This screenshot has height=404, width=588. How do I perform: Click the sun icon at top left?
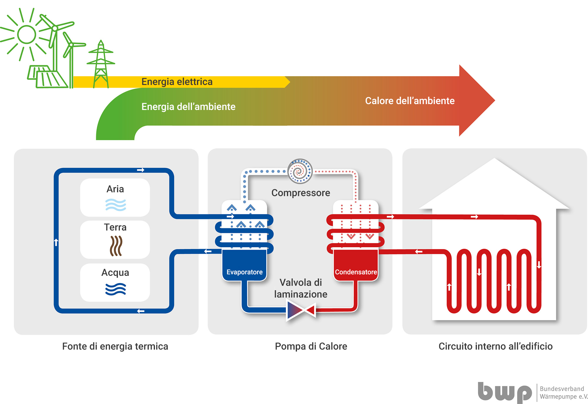(x=26, y=34)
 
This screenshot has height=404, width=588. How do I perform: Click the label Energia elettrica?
(x=177, y=82)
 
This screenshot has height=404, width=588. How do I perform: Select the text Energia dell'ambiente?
(x=188, y=106)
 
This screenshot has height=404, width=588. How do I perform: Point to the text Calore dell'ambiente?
(x=410, y=101)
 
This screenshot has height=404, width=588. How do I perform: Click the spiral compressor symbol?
(x=300, y=171)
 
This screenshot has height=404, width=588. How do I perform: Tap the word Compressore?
(x=301, y=193)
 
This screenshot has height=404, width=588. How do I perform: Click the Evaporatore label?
(x=245, y=272)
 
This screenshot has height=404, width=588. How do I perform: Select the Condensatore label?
(x=356, y=272)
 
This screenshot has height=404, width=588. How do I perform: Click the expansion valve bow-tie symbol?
(x=301, y=310)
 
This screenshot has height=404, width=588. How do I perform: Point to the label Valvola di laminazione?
(x=301, y=288)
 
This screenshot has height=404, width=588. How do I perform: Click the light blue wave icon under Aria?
(x=116, y=205)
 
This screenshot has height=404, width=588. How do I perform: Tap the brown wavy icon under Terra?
(x=116, y=246)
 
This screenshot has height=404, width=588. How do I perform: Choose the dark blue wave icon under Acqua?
(x=116, y=289)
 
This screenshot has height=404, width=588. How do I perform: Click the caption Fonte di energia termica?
(x=115, y=346)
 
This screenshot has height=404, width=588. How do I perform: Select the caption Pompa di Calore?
(x=311, y=346)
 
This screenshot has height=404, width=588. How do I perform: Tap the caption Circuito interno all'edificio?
(x=496, y=346)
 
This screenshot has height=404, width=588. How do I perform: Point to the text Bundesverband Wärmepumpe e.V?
(x=564, y=393)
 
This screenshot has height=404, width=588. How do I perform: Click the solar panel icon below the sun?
(x=47, y=76)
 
